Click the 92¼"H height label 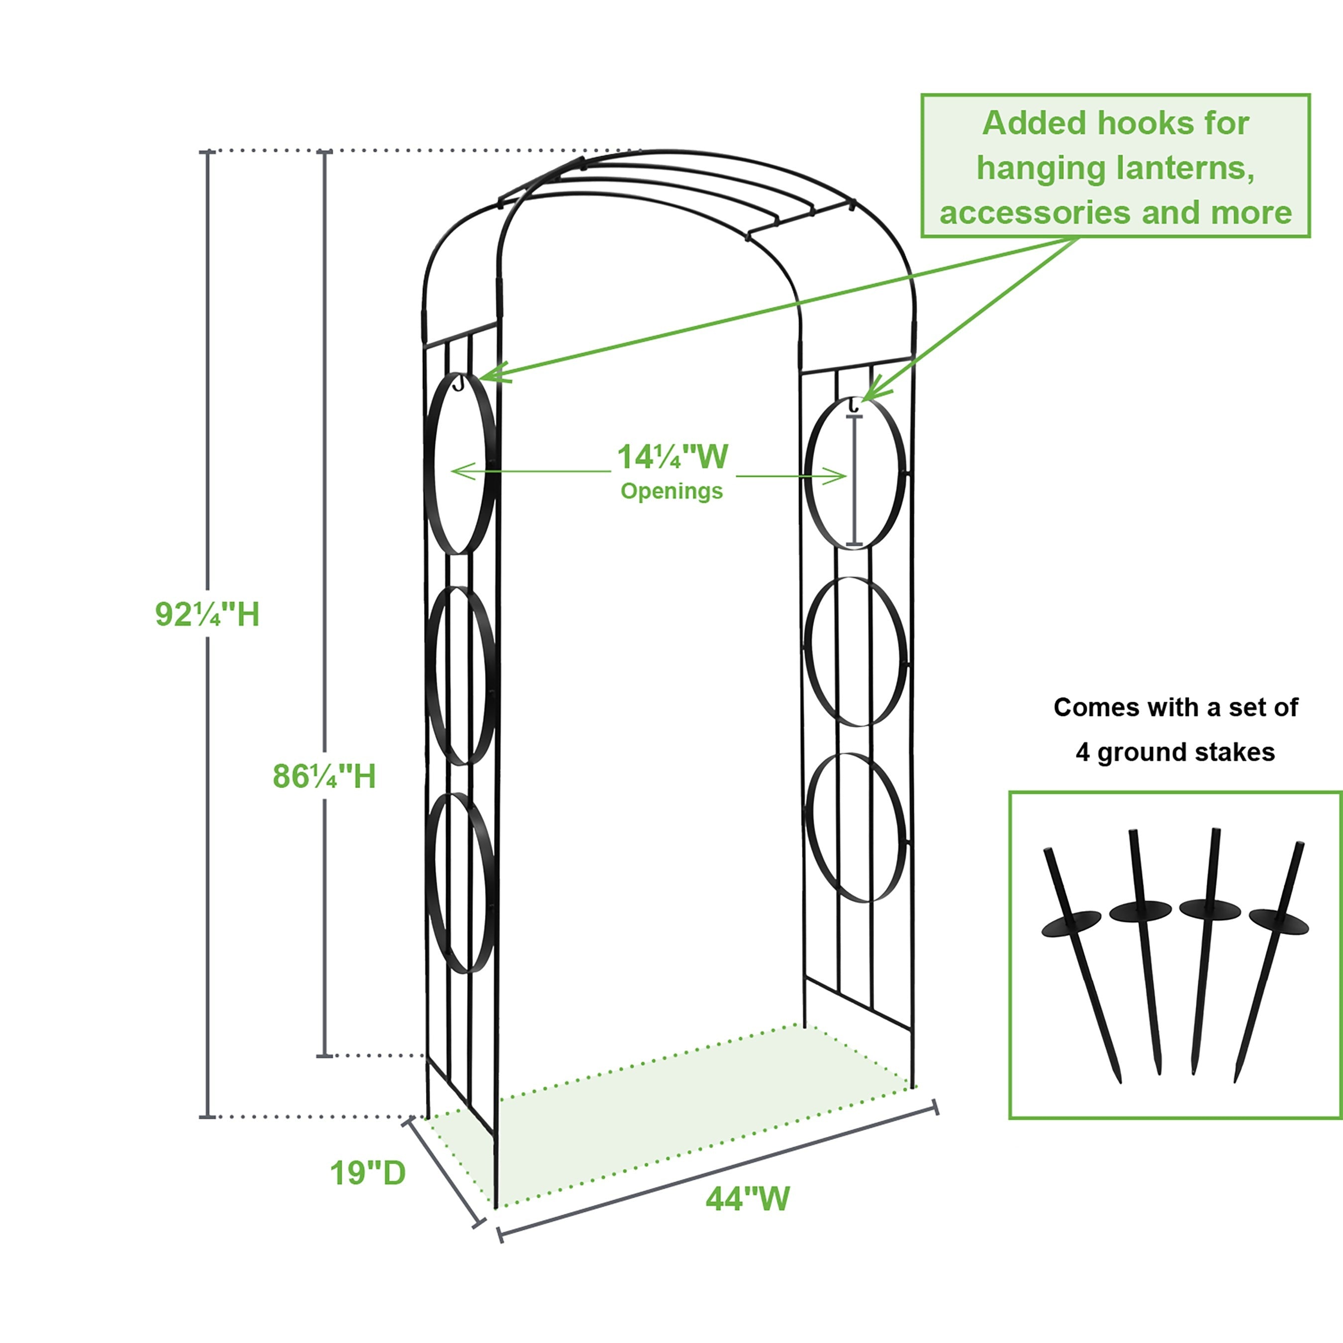207,614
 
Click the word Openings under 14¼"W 671,491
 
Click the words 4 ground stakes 1175,752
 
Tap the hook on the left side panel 458,383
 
